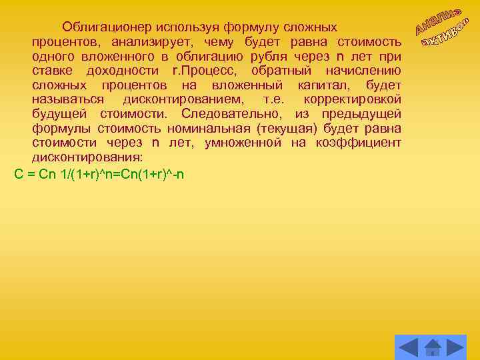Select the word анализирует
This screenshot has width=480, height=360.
[x=139, y=43]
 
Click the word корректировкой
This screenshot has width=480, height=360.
[x=353, y=99]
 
